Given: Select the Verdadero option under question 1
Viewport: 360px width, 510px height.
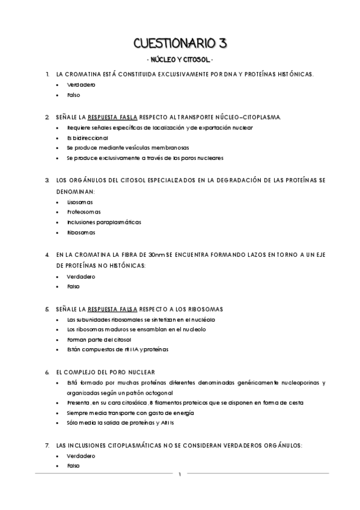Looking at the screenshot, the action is point(81,85).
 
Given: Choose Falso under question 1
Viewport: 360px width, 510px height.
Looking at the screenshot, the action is point(74,95).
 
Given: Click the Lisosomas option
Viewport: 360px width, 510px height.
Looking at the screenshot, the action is point(80,202).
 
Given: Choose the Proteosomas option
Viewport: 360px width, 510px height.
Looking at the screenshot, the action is point(84,212).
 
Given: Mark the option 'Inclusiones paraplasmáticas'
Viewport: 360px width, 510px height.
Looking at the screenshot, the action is point(104,222).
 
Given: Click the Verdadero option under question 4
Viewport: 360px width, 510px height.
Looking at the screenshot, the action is point(81,277).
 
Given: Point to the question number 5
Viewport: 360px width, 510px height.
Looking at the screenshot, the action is point(47,309).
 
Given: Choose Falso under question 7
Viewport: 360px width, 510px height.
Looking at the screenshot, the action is point(74,466).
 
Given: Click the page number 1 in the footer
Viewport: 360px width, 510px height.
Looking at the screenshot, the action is point(180,475).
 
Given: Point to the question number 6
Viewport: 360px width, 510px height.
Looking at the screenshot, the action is point(47,372).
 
